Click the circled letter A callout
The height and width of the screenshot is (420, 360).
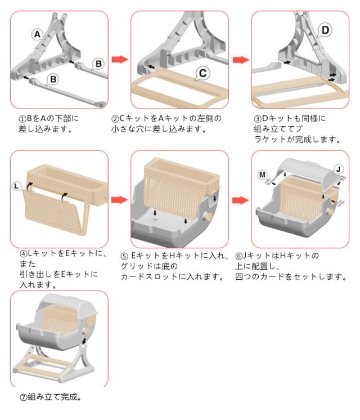[x=38, y=35]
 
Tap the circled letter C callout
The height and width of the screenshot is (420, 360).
[x=203, y=72]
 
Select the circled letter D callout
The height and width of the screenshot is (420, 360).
[x=325, y=29]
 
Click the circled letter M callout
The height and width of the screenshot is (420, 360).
[x=263, y=175]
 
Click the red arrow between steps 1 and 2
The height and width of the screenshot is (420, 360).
[x=119, y=60]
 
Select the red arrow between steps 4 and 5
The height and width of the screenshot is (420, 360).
[x=119, y=199]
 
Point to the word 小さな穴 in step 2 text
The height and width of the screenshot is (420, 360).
[x=129, y=129]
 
